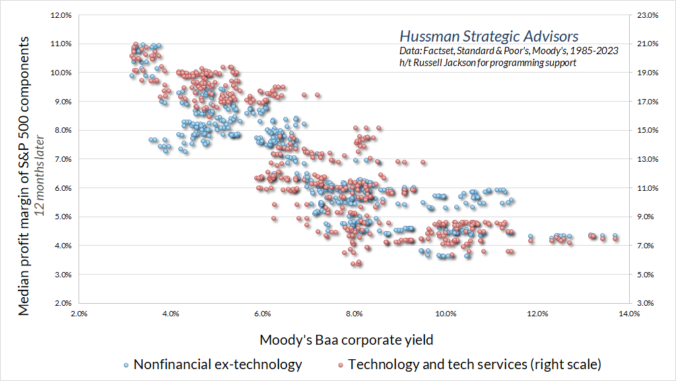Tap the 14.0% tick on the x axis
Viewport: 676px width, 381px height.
pyautogui.click(x=629, y=314)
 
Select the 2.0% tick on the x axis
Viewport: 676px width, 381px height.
pyautogui.click(x=79, y=314)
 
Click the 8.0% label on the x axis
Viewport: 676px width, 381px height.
pyautogui.click(x=355, y=314)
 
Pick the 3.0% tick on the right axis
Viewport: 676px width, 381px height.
pyautogui.click(x=649, y=303)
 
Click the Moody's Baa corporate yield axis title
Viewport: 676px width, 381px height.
pyautogui.click(x=347, y=340)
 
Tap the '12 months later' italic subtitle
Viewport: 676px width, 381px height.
pyautogui.click(x=40, y=176)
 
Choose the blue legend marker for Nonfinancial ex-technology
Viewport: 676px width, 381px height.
pyautogui.click(x=126, y=364)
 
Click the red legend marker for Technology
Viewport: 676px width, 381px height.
pyautogui.click(x=341, y=364)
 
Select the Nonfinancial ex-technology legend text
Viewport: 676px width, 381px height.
pyautogui.click(x=217, y=364)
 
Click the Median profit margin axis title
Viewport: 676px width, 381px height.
pyautogui.click(x=24, y=175)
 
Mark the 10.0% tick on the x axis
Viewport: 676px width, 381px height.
pyautogui.click(x=446, y=314)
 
